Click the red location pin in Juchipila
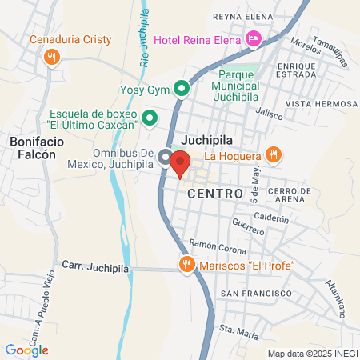point(180,162)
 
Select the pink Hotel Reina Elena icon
point(254,38)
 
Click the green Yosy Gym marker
point(182,89)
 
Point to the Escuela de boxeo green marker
point(149,119)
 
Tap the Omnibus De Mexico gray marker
point(165,157)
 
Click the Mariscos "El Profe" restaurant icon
point(186,264)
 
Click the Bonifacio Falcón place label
point(33,147)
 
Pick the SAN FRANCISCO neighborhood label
point(256,294)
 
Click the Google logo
point(27,350)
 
